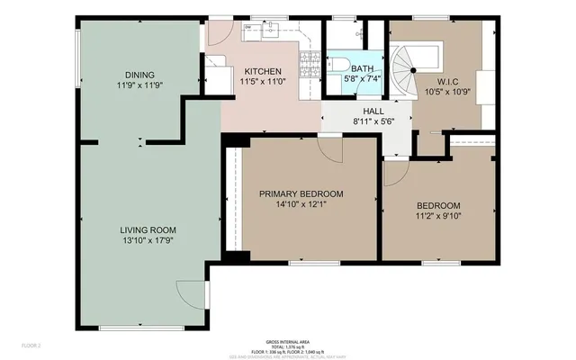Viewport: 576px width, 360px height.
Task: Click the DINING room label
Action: (139, 75)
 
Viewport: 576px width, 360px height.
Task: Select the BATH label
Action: (362, 67)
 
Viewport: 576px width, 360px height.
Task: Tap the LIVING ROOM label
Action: (147, 229)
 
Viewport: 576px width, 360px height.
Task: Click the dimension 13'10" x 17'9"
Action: (147, 240)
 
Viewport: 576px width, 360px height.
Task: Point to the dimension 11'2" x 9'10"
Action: (437, 216)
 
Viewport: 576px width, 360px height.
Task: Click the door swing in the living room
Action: (191, 293)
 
